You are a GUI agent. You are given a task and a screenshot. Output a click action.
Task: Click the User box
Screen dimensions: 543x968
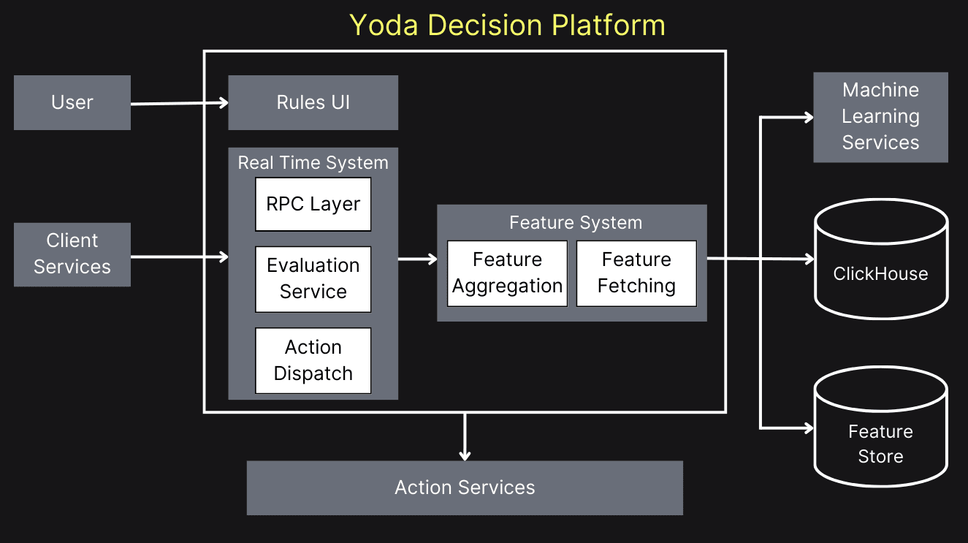click(x=72, y=102)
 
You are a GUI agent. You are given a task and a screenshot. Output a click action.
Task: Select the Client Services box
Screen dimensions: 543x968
click(x=72, y=254)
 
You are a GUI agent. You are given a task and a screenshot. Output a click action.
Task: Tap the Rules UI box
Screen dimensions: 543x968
click(x=313, y=102)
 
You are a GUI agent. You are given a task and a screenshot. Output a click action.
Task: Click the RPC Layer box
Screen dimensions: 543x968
click(x=313, y=204)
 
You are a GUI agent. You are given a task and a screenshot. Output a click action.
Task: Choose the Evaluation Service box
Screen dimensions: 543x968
click(x=313, y=278)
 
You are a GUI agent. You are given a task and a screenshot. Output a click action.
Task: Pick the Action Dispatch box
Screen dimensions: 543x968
click(x=313, y=360)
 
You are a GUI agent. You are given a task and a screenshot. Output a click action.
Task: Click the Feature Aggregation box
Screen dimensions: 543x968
click(x=507, y=273)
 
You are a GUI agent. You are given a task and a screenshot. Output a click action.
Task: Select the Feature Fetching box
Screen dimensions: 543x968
click(x=636, y=273)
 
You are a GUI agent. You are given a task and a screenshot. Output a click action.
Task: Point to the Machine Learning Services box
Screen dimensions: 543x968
click(x=880, y=117)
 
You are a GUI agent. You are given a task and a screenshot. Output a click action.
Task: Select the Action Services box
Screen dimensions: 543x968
click(x=465, y=487)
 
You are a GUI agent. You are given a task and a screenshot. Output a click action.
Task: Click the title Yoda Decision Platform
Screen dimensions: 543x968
click(x=507, y=25)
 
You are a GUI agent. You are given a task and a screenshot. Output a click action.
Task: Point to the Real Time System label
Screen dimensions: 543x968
click(x=313, y=162)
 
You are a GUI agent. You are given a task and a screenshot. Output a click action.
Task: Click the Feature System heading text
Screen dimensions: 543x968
click(x=576, y=223)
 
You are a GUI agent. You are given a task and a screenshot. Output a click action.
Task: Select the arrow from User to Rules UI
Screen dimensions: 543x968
click(x=179, y=104)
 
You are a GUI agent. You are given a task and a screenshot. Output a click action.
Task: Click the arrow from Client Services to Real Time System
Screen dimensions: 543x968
click(x=179, y=257)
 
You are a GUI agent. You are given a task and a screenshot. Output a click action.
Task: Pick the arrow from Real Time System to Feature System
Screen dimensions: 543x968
click(x=417, y=259)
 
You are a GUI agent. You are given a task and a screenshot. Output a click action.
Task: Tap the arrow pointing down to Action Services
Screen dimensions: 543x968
click(x=465, y=436)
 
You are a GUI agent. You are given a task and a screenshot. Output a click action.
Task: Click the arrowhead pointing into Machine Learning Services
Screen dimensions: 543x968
click(x=808, y=117)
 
